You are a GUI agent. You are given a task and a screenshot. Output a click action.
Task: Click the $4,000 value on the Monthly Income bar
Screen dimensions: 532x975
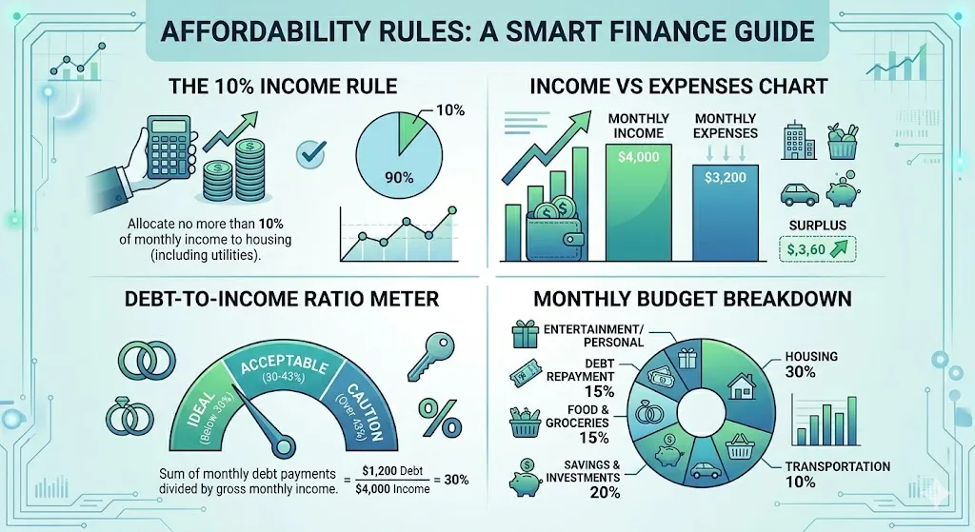coord(639,158)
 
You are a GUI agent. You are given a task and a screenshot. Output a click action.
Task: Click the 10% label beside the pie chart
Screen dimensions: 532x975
coord(450,110)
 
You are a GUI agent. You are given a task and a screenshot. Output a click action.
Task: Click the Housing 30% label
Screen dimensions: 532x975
coord(811,364)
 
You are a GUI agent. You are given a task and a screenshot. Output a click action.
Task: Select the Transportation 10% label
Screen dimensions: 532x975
coord(839,474)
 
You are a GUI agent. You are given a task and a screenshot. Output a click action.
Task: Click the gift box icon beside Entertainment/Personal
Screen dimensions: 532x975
coord(526,335)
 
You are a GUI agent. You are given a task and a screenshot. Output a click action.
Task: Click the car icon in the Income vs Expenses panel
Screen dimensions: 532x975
coord(799,194)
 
